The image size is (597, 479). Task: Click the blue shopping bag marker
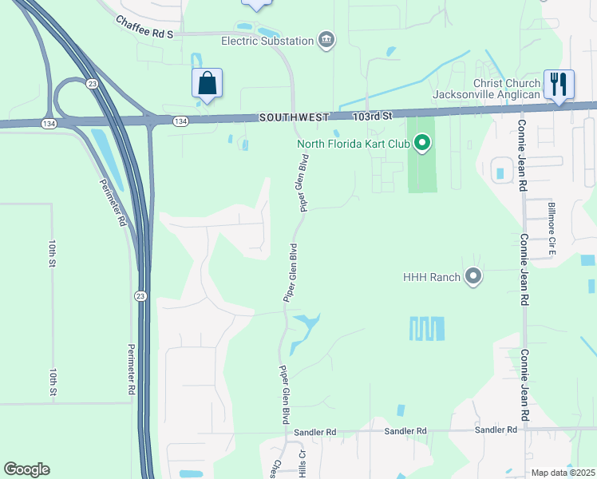207,84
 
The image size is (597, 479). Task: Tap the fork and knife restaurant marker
557,83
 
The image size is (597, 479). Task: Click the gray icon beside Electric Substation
326,40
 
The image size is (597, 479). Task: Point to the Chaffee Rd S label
144,26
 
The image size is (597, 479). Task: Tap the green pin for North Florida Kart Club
422,144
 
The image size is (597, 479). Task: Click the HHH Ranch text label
432,277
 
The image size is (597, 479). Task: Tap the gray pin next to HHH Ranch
473,277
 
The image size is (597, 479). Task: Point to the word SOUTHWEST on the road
293,117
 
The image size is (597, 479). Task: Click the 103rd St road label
374,116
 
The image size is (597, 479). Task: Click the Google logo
26,469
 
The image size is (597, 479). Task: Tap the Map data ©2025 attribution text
563,473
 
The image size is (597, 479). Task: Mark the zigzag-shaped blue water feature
427,328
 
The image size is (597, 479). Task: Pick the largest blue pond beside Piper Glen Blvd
303,331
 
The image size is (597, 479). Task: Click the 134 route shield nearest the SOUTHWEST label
181,120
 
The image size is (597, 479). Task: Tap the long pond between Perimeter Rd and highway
107,155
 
